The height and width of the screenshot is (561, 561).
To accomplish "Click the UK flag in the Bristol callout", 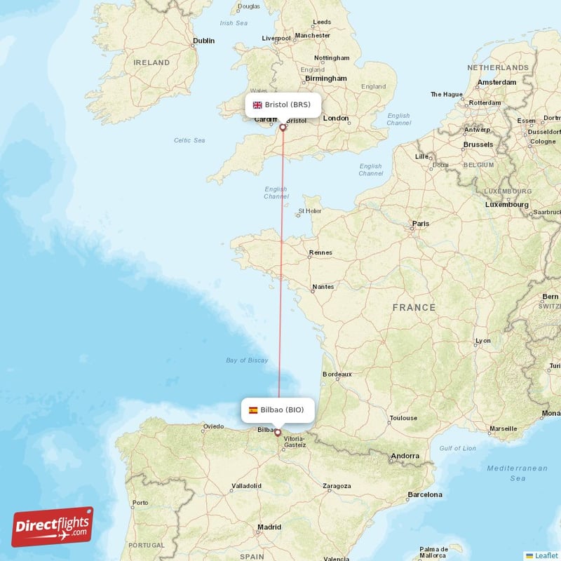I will (257, 105).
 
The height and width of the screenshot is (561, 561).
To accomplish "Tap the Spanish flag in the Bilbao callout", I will (253, 410).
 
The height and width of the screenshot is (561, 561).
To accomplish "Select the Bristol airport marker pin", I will (283, 128).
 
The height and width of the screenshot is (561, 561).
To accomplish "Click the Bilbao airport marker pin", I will (278, 433).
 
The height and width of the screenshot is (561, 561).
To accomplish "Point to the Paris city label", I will (421, 224).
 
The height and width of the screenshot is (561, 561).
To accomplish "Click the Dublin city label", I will (204, 41).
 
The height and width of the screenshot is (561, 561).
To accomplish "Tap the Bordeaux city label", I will (337, 374).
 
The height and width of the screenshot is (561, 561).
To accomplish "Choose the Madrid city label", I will (269, 527).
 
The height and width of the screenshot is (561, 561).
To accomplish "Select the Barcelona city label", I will (425, 494).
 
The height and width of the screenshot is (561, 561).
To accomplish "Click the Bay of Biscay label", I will (247, 360).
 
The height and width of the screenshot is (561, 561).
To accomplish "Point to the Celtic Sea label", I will (189, 140).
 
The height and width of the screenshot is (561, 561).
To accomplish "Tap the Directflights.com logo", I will (53, 527).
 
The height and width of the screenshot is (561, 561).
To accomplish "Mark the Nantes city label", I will (323, 286).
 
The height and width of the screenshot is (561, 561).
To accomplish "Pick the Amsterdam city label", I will (496, 82).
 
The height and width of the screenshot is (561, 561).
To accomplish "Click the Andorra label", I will (405, 456).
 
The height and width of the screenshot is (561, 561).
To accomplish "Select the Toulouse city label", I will (403, 418).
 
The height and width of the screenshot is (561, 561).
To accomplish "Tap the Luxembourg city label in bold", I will (507, 204).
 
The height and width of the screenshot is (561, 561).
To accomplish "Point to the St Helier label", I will (309, 210).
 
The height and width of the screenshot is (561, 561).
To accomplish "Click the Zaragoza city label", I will (337, 485).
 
